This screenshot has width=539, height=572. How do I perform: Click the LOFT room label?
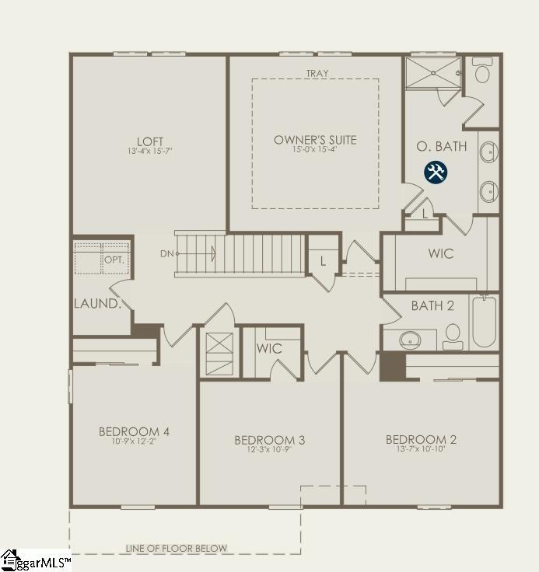coord(150,141)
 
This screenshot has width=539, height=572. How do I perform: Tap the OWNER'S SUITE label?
coord(315,140)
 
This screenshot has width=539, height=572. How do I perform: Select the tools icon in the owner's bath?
coord(436,173)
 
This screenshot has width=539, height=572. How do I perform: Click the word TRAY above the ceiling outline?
coord(317,73)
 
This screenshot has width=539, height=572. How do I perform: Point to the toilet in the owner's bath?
coord(482,70)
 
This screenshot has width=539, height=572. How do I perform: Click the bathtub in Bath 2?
coord(485,322)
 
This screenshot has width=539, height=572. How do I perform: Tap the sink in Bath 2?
coord(410,340)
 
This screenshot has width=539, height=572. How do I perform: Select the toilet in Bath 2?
coord(453,337)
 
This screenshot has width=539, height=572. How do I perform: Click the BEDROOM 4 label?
coord(134,431)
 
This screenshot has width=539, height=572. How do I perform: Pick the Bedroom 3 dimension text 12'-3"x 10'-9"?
coord(269,449)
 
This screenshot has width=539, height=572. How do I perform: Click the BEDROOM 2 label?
coord(421,440)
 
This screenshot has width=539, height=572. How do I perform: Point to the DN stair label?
coord(167,253)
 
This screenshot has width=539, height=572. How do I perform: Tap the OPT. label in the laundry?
coord(114,260)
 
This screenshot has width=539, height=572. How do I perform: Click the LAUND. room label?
coord(97,303)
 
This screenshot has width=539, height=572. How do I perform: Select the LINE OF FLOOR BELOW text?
coord(177,548)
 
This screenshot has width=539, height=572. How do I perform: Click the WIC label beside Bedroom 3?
coord(269,348)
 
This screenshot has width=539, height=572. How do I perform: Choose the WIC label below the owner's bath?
coord(441,253)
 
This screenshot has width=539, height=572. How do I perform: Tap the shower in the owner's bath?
coord(433,73)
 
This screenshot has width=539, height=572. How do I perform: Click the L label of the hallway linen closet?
coord(323,261)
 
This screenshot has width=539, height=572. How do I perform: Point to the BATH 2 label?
coord(432,305)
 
